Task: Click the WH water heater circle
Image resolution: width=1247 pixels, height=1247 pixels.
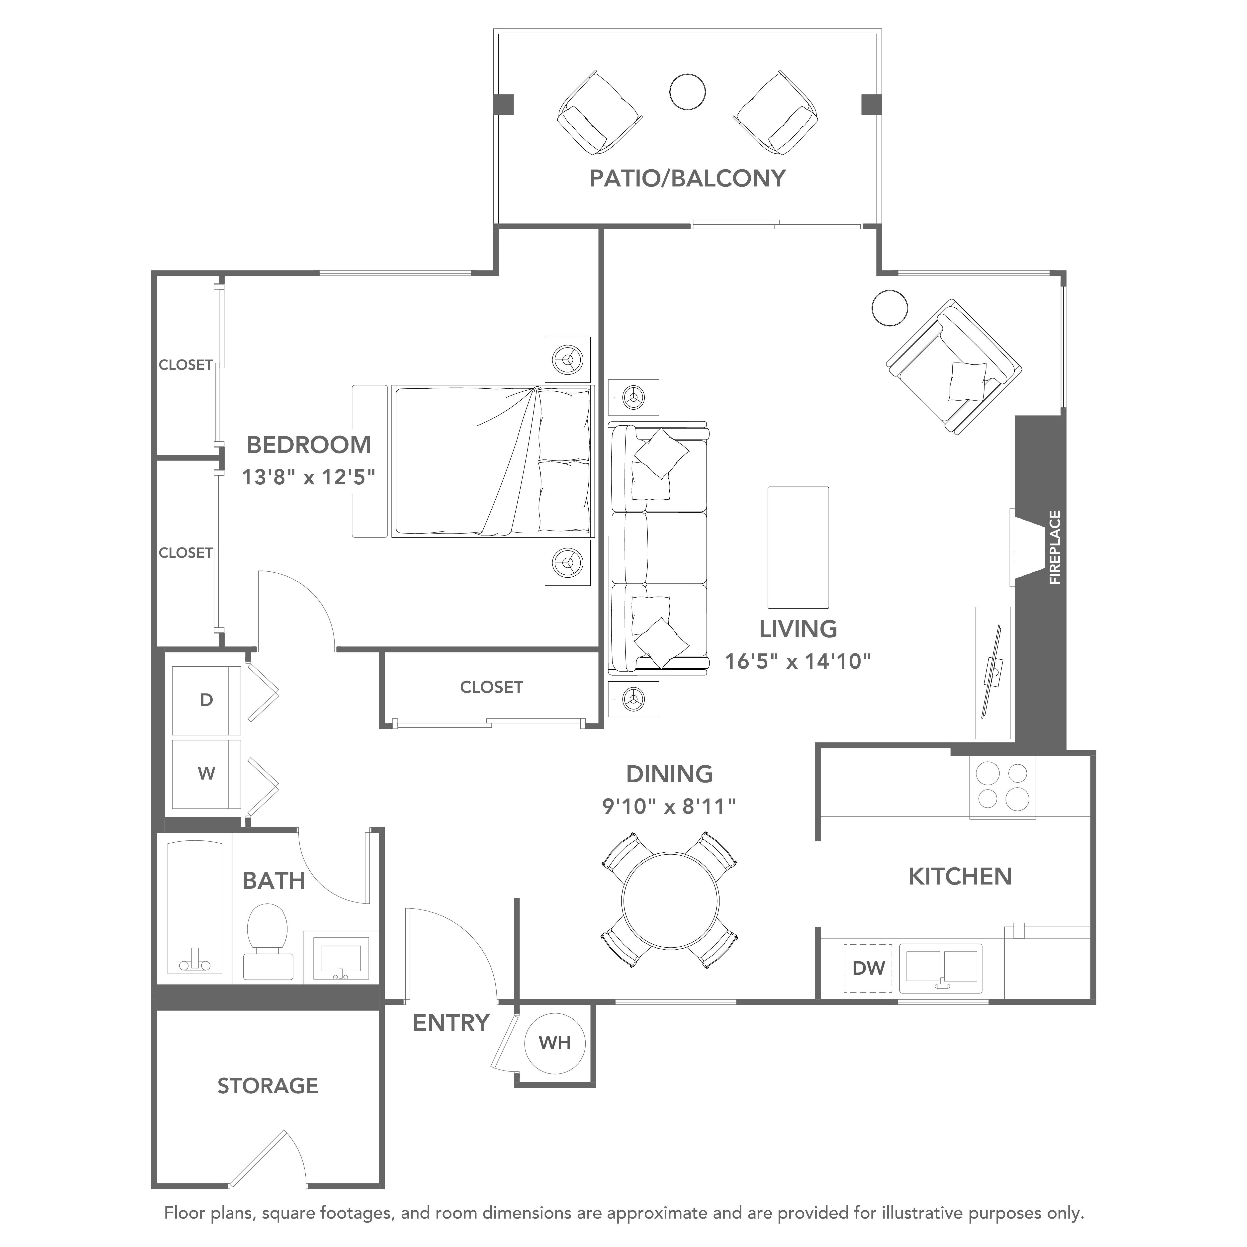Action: tap(554, 1042)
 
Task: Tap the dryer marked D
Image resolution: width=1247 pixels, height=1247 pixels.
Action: tap(206, 700)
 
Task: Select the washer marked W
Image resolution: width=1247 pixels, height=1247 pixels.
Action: tap(206, 773)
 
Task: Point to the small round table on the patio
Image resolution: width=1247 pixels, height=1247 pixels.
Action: tap(687, 92)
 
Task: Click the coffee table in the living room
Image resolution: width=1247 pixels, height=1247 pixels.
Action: tap(798, 547)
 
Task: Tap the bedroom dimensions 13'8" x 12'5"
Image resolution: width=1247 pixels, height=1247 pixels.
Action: tap(309, 477)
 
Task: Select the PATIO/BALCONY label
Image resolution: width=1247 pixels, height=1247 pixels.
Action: tap(687, 178)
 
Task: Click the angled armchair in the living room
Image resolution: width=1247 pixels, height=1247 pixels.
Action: tap(954, 367)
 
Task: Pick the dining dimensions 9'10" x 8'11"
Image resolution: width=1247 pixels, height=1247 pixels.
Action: tap(669, 806)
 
